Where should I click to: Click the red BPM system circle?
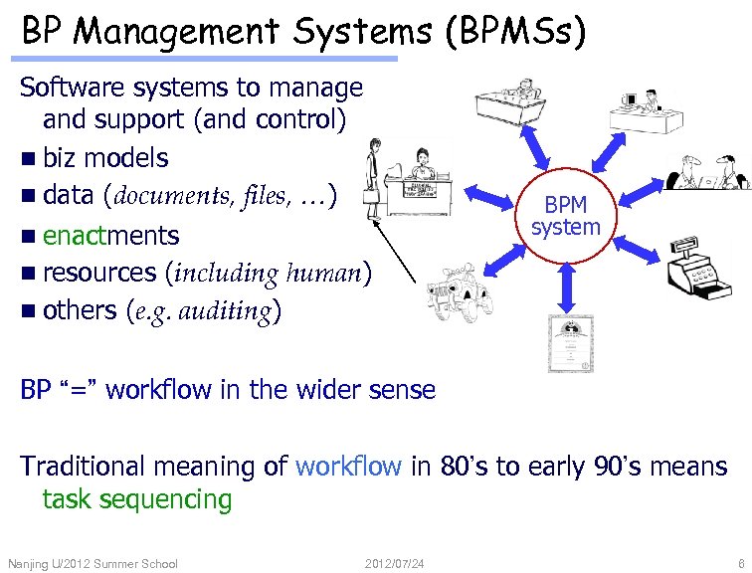(x=565, y=215)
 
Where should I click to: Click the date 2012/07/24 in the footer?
(x=394, y=564)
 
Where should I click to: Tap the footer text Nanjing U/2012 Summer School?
(x=93, y=564)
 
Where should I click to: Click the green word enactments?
(x=111, y=236)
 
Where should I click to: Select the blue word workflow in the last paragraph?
(x=349, y=466)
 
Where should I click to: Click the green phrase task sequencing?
(x=137, y=499)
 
